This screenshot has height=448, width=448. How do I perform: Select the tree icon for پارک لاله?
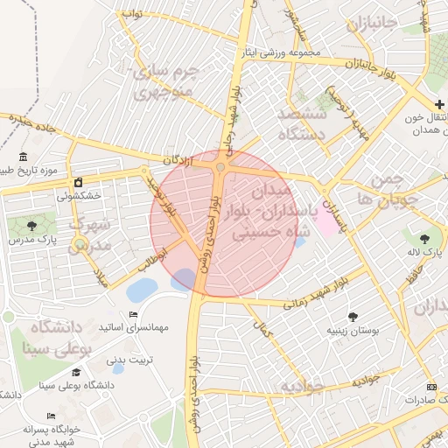coord(424,237)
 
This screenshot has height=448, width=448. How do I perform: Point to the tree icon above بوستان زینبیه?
coord(353,317)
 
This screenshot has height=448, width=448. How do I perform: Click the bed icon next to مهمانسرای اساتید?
coord(133,313)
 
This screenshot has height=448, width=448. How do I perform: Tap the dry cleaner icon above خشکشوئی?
coord(79,183)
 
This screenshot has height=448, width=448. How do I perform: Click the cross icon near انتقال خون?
coord(439,105)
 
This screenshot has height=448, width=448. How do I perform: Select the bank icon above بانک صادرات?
coord(430,386)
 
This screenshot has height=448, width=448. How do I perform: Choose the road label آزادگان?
coord(178,160)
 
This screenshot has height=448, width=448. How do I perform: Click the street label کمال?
coord(260,331)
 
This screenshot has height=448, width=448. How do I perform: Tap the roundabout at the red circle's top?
coord(220,167)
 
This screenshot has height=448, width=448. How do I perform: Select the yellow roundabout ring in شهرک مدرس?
coord(80,245)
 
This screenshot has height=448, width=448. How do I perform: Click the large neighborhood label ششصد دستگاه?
coord(301,124)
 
